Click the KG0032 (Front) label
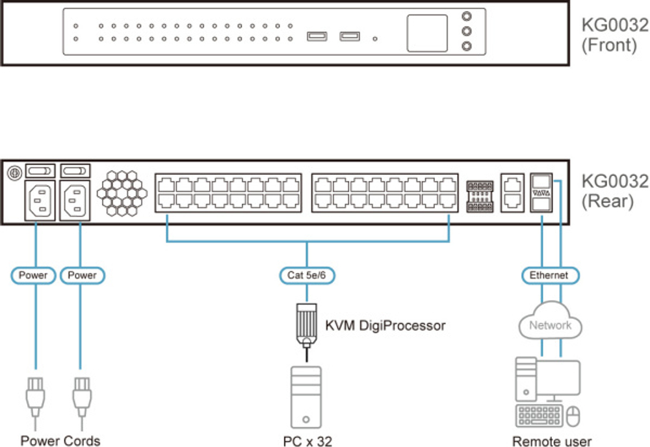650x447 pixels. point(614,36)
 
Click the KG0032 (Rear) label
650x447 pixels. point(614,190)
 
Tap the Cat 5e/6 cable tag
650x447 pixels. point(307,275)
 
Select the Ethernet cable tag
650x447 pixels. point(549,275)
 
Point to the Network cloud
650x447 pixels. point(550,325)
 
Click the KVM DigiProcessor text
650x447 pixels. point(385,326)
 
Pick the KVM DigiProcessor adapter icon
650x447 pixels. point(305,322)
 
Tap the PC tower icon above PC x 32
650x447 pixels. point(305,397)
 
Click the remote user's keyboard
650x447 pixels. point(538,415)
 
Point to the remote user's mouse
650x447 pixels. point(572,415)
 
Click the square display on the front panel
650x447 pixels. point(427,34)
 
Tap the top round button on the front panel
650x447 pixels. point(465,18)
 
